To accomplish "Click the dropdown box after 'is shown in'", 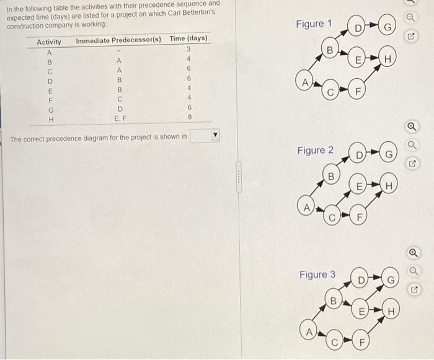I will click(205, 136).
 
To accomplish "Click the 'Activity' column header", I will click(49, 42).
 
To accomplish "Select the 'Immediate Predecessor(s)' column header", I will click(118, 40).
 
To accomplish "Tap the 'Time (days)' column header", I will click(188, 39).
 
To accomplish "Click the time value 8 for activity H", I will click(190, 116).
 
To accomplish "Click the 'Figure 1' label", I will click(314, 24).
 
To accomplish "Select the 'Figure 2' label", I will click(315, 150).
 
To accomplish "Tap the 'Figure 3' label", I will click(317, 274).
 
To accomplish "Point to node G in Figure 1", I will click(387, 28).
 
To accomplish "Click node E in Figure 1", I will click(358, 59).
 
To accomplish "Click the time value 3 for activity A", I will click(188, 50).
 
